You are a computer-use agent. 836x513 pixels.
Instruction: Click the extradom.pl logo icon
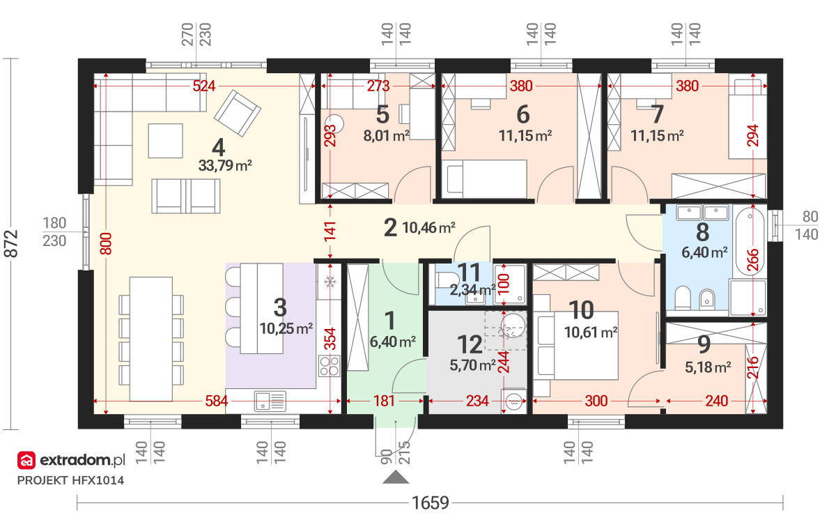coord(26,460)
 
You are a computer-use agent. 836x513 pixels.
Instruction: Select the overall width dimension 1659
coord(430,503)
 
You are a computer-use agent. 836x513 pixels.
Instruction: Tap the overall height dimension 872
coord(11,243)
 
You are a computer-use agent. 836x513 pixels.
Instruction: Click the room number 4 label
coord(218,147)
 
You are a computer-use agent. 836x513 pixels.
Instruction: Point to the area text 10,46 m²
coord(429,227)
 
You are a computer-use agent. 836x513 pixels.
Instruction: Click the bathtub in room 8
coord(750,241)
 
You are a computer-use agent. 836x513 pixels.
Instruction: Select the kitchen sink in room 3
coord(270,401)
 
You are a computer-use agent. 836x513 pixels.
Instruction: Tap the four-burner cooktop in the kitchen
coord(329,365)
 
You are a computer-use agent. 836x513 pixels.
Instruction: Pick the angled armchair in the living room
coord(237,113)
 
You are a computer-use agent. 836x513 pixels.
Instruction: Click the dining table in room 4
coord(150,339)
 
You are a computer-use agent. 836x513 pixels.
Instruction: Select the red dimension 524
coord(203,86)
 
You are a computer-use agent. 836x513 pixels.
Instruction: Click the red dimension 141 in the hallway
coord(330,231)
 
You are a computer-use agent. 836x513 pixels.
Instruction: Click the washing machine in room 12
coord(513,401)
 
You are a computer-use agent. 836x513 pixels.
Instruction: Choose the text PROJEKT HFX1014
coord(70,480)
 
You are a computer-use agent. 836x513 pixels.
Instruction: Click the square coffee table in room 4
coord(165,141)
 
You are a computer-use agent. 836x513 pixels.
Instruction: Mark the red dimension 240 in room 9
coord(717,401)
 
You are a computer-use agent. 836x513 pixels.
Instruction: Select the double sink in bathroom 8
coord(702,213)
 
